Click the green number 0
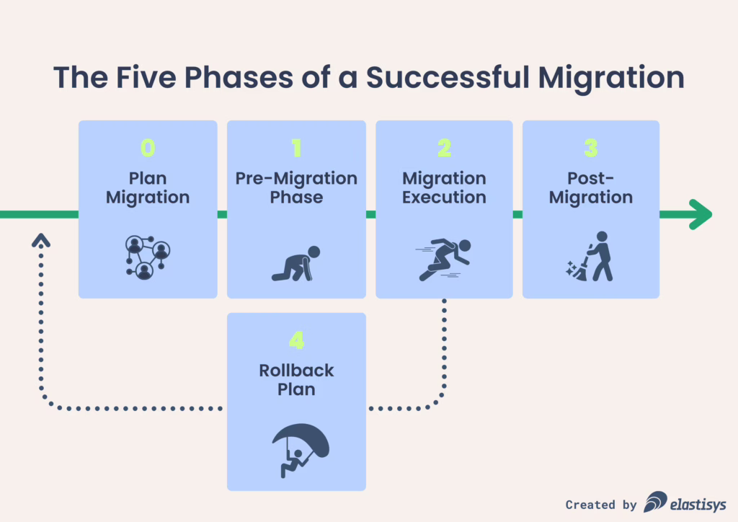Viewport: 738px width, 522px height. (148, 148)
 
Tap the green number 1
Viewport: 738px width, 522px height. (296, 148)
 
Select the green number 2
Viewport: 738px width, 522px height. (444, 148)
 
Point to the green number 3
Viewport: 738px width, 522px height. (591, 148)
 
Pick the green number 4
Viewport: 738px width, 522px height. (296, 340)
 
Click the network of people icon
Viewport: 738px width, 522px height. (148, 257)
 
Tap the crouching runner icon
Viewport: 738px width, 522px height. (296, 264)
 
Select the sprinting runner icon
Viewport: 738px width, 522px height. (443, 260)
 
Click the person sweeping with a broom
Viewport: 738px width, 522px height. (590, 257)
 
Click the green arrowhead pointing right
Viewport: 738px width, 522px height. (701, 215)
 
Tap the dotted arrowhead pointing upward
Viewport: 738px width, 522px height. (41, 240)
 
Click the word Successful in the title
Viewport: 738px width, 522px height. (448, 77)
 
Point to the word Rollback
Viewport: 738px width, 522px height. (296, 371)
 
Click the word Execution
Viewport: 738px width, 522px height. (444, 198)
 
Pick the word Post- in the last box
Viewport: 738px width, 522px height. (591, 178)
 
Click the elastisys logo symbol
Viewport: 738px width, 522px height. (655, 502)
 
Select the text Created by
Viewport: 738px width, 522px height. (601, 505)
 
